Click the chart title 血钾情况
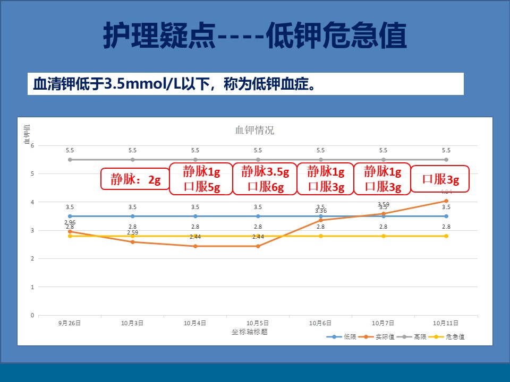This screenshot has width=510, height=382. coord(255,131)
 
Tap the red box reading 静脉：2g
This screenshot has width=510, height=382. coord(135,180)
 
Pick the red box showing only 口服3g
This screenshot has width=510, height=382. coord(441,179)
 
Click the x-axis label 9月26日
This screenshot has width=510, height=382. coord(70,323)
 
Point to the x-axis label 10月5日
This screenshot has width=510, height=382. coord(258,323)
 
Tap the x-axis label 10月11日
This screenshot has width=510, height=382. coord(446,323)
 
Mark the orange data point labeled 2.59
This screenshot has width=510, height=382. coord(133,242)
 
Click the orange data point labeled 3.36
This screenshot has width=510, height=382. coord(321,220)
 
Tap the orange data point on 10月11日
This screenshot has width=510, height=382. coord(446,201)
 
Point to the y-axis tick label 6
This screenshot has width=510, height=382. coord(32,145)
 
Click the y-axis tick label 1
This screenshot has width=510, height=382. coord(32,287)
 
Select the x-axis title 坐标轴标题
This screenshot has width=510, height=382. coord(249,332)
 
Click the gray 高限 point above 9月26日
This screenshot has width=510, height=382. coord(70,160)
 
